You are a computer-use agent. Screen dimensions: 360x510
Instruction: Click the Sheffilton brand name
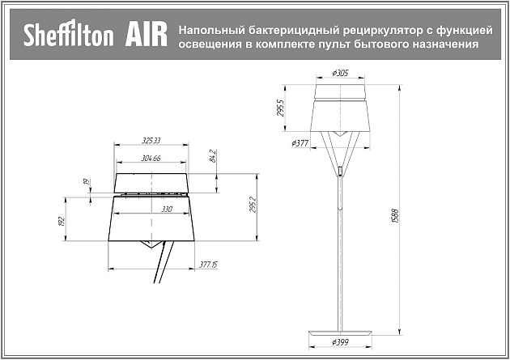pos(68,36)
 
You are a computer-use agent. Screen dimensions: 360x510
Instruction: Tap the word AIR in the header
pos(146,36)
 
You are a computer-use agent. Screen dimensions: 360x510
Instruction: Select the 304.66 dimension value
pos(151,158)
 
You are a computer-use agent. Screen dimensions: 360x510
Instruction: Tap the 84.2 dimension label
pos(213,155)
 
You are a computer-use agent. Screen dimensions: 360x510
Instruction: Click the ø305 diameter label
pos(342,73)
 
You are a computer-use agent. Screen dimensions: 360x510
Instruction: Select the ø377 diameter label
pos(300,143)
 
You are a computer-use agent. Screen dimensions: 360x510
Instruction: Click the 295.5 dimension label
pos(280,108)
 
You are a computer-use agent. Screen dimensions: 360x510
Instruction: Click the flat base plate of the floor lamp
pos(341,332)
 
